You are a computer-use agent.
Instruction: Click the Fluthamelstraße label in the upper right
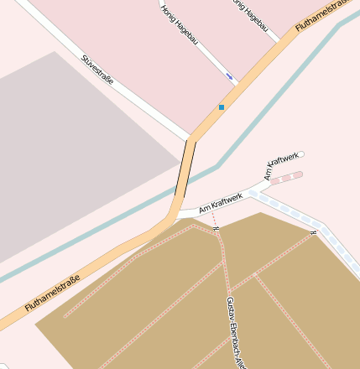(x=322, y=17)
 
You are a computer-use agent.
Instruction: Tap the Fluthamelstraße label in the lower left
(x=52, y=294)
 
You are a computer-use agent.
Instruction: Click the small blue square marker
(x=222, y=107)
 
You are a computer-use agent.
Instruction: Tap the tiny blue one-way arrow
(x=230, y=77)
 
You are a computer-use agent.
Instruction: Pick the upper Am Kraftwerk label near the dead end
(x=281, y=165)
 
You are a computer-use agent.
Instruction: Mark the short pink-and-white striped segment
(x=285, y=179)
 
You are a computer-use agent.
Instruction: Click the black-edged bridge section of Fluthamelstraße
(x=185, y=168)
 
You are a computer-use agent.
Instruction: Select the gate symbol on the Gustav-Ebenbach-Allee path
(x=217, y=227)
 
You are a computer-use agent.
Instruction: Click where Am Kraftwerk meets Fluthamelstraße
(x=177, y=212)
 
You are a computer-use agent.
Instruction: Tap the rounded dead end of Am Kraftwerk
(x=300, y=154)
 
